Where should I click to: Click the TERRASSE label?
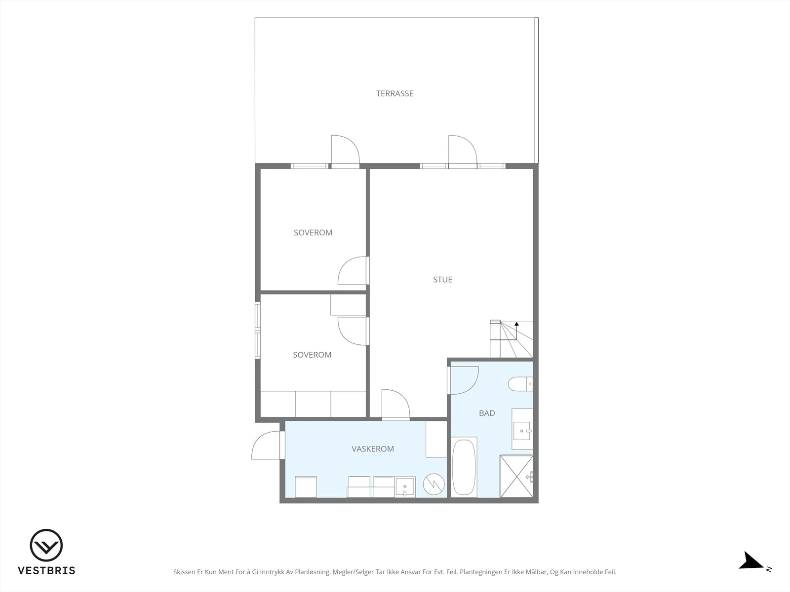click(395, 93)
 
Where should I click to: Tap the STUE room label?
click(442, 280)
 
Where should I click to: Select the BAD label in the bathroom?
click(487, 413)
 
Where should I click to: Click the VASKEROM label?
click(372, 449)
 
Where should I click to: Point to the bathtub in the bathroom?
click(464, 467)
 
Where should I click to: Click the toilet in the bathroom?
click(520, 384)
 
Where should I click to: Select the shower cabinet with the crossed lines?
click(516, 476)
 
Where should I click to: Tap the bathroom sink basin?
click(522, 431)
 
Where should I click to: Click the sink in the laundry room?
click(405, 487)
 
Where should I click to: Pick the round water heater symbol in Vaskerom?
click(434, 484)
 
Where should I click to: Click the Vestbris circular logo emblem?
click(46, 545)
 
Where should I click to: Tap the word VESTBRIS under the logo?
click(46, 570)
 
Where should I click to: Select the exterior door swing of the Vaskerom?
click(266, 445)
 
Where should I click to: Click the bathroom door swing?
click(463, 380)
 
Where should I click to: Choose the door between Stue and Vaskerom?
click(395, 404)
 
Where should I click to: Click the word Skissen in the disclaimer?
click(184, 572)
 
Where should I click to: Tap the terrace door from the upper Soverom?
click(345, 151)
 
